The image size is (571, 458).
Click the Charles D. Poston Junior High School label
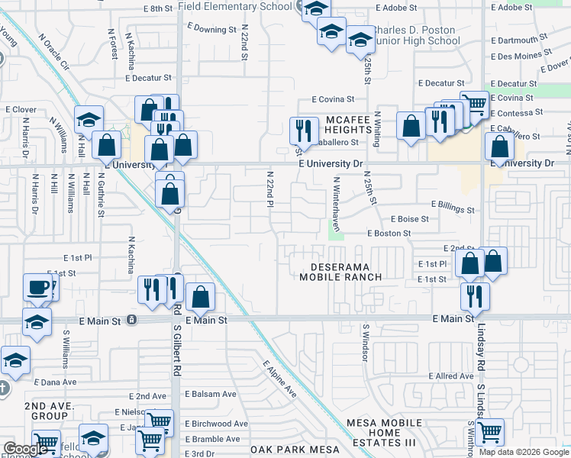pos(412,37)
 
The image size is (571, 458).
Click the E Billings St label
pos(453,205)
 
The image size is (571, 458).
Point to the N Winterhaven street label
pos(335,205)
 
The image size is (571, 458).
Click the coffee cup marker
pos(38,288)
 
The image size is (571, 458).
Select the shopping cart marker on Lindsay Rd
pos(489,431)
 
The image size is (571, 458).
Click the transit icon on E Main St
pos(133,319)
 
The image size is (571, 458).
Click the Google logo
pos(26,449)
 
